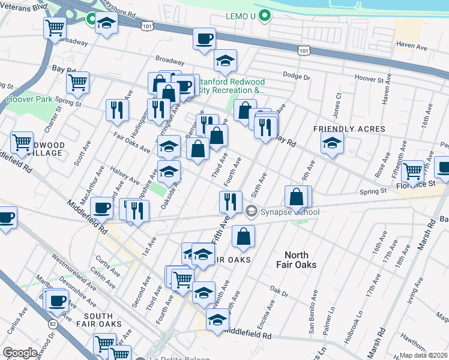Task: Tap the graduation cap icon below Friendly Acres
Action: pyautogui.click(x=331, y=143)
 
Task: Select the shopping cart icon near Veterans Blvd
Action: pyautogui.click(x=55, y=26)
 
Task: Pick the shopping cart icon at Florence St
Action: pyautogui.click(x=413, y=170)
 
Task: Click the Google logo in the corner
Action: pyautogui.click(x=20, y=353)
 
